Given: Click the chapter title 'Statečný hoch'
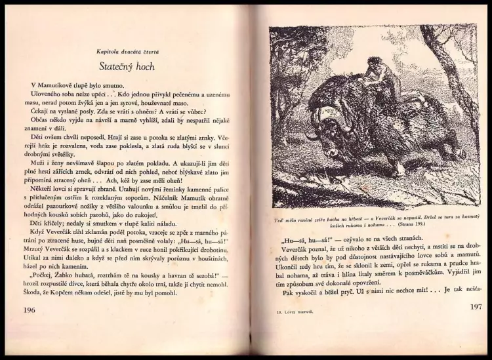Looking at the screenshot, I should coord(127,66).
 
